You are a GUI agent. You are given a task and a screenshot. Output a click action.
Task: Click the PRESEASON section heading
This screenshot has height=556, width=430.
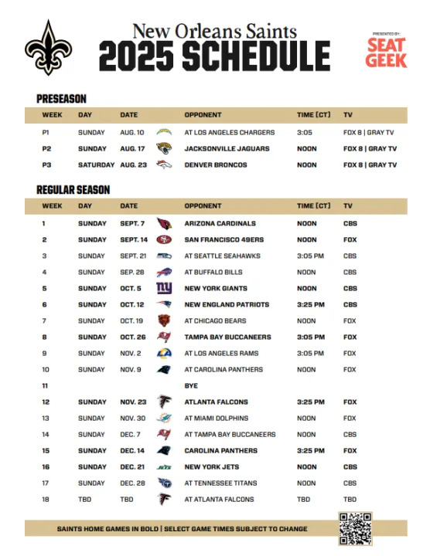coord(61,98)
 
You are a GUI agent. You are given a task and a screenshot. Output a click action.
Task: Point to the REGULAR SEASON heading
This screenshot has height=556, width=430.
coord(73,189)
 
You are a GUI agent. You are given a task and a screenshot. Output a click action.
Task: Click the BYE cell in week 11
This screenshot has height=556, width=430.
coord(190,385)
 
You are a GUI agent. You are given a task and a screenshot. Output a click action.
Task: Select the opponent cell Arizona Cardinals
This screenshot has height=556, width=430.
coord(219,224)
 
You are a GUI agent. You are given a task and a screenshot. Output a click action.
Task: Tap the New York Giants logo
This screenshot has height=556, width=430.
coord(164,288)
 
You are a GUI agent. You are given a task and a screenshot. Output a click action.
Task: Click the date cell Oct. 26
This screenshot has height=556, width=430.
coord(133,337)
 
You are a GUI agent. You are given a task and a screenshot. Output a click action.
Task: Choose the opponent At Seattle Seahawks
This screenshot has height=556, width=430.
coord(222,256)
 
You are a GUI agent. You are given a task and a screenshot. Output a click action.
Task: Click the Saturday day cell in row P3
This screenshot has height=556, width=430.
coord(96,164)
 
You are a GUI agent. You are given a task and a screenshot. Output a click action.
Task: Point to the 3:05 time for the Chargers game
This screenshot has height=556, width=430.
coord(305,132)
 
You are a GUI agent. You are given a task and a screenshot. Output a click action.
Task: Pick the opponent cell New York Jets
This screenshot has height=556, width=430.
coord(212,466)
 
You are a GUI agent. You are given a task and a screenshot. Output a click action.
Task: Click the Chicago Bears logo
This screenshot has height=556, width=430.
coord(164,320)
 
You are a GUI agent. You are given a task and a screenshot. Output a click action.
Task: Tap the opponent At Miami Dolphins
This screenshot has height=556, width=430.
coord(217,418)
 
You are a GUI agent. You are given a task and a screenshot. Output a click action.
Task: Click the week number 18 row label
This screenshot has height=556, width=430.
coord(44,499)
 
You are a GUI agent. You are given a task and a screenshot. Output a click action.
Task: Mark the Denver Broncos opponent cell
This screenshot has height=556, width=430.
coord(216,164)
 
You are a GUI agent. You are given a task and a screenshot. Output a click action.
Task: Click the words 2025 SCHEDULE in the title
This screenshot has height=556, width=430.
coord(214,56)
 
